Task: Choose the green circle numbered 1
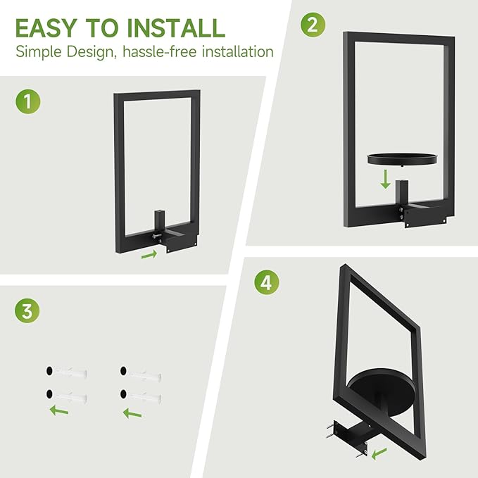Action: click(27, 101)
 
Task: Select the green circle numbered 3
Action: click(27, 310)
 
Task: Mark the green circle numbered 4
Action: click(266, 282)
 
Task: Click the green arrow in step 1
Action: click(149, 255)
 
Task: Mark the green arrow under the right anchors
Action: click(133, 413)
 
